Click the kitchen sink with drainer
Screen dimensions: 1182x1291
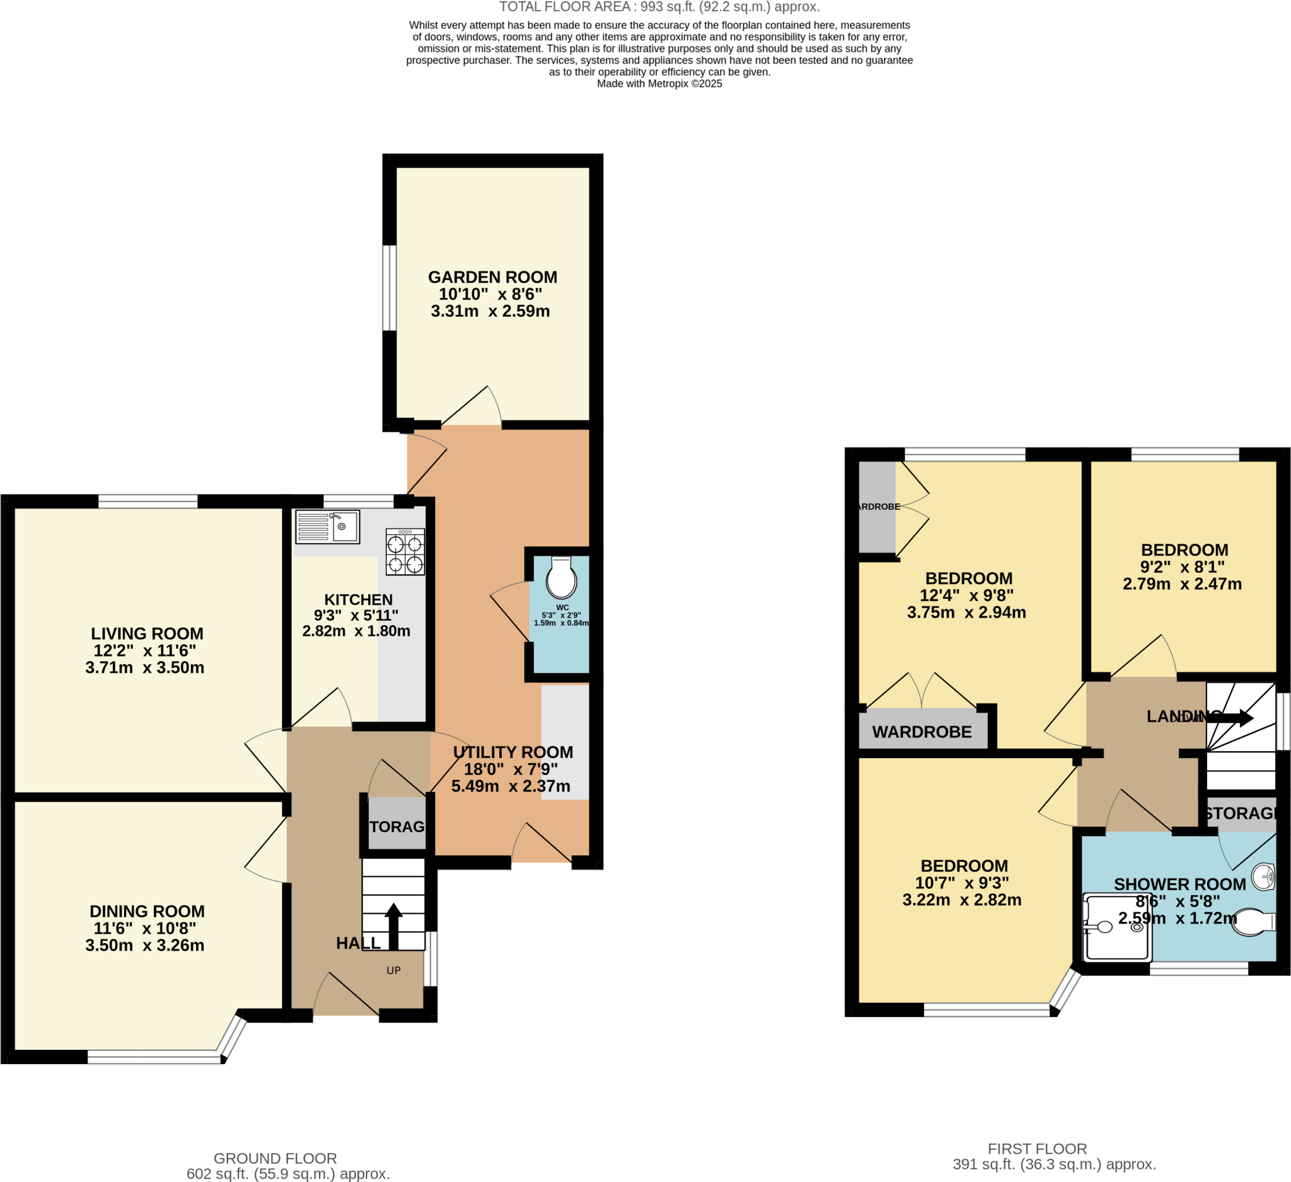pyautogui.click(x=327, y=527)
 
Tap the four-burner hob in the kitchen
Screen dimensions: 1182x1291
pyautogui.click(x=405, y=552)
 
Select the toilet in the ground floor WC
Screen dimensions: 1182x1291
pyautogui.click(x=561, y=578)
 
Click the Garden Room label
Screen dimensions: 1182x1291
pyautogui.click(x=492, y=277)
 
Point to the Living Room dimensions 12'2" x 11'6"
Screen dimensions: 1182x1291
pyautogui.click(x=145, y=650)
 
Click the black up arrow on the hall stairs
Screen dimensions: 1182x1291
pyautogui.click(x=393, y=926)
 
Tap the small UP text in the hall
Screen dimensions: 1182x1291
pyautogui.click(x=393, y=970)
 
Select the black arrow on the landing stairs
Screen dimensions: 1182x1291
pyautogui.click(x=1229, y=718)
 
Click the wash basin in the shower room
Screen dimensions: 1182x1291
pyautogui.click(x=1263, y=876)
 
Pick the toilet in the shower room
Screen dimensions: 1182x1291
pyautogui.click(x=1253, y=923)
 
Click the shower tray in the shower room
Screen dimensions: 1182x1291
pyautogui.click(x=1117, y=927)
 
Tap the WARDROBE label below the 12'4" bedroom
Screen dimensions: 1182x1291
pyautogui.click(x=922, y=732)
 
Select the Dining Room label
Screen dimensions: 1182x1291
pyautogui.click(x=148, y=911)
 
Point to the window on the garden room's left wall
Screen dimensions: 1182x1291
pyautogui.click(x=390, y=287)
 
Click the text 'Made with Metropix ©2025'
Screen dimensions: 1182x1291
pyautogui.click(x=659, y=84)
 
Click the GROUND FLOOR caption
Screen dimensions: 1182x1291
pyautogui.click(x=275, y=1158)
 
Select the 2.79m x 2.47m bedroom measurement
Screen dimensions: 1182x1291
pyautogui.click(x=1182, y=583)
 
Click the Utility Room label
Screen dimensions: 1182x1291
pyautogui.click(x=513, y=752)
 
